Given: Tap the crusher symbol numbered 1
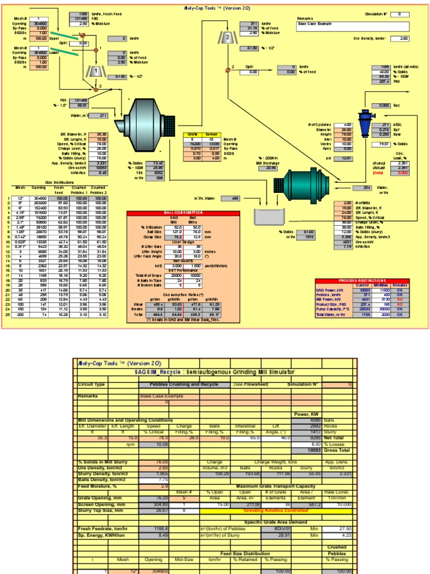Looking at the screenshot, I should click(96, 71).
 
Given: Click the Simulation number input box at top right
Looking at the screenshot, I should click(403, 13).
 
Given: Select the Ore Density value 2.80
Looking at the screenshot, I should click(403, 38).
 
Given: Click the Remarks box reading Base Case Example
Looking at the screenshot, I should click(353, 26).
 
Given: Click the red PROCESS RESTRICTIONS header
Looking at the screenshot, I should click(370, 280).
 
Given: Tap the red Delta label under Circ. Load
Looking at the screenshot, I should click(400, 173).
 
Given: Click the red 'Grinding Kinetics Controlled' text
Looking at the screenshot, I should click(275, 511).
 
